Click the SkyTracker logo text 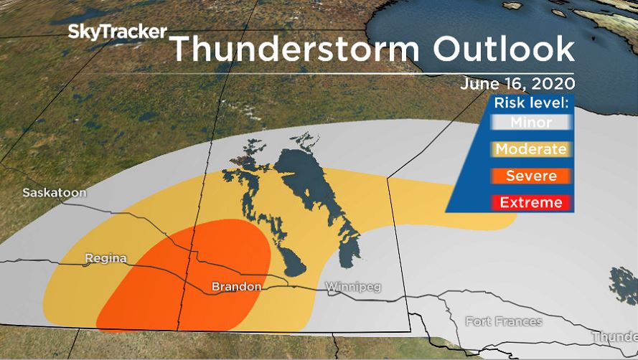click(118, 32)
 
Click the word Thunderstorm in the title click(291, 49)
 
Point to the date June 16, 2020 click(517, 83)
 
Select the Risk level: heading click(531, 103)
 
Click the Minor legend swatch click(531, 123)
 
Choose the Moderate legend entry click(531, 149)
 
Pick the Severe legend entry click(531, 176)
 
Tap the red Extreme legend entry click(531, 202)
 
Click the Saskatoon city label click(55, 193)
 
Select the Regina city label click(105, 257)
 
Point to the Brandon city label click(236, 287)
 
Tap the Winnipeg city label click(353, 287)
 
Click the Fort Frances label click(504, 321)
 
